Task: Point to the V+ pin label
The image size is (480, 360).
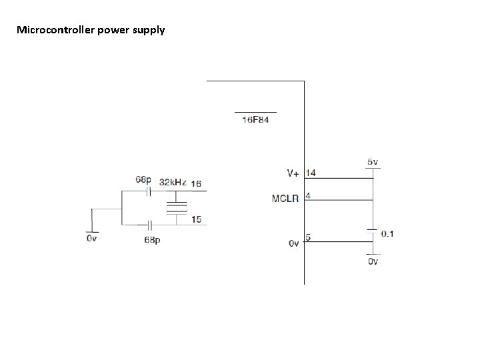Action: tap(293, 173)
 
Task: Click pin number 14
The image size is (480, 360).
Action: tap(311, 173)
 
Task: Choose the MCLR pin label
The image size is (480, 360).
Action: tap(285, 199)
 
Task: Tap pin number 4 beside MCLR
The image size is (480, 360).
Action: tap(308, 197)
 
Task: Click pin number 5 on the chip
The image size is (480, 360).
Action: tap(308, 237)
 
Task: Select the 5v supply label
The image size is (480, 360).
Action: tap(373, 161)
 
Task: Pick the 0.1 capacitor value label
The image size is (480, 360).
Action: tap(387, 234)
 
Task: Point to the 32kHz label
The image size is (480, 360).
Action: tap(173, 181)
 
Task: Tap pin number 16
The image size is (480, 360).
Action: tap(197, 183)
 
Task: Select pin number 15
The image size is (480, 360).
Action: tap(196, 219)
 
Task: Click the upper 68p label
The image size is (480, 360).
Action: tap(143, 179)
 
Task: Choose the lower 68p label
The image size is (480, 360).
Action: tap(152, 239)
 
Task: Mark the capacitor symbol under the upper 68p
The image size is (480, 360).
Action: tap(149, 191)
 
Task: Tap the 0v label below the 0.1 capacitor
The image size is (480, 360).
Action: tap(373, 261)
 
